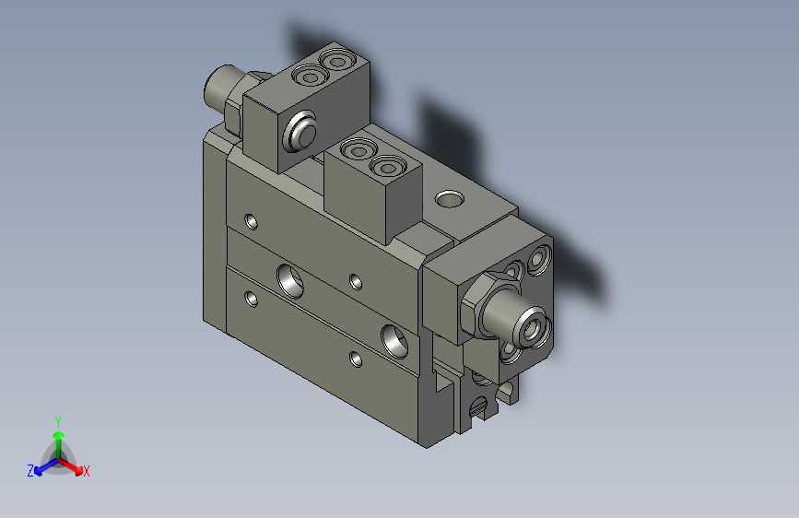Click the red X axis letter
86,471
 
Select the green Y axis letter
57,419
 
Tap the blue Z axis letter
30,471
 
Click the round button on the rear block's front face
300,131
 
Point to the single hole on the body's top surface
450,198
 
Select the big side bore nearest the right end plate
397,340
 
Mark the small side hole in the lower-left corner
251,298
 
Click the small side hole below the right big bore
356,358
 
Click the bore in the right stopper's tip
533,325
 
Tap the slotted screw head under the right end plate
479,406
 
